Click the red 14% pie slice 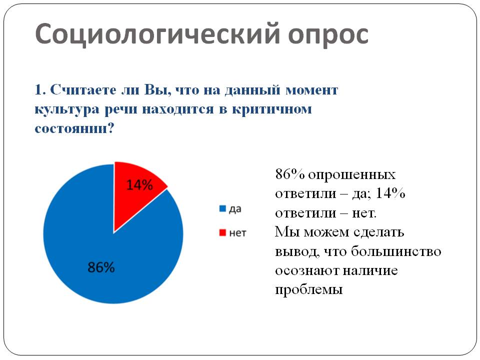[134, 193]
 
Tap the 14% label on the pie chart [139, 185]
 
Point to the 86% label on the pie [101, 267]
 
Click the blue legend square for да [222, 209]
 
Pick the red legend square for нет [222, 233]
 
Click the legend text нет [237, 233]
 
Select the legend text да [235, 209]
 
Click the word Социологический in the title [157, 34]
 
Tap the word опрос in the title [328, 35]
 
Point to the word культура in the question [67, 110]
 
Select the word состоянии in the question [71, 128]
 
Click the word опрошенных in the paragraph [351, 175]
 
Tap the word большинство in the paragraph [396, 251]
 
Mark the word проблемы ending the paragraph [308, 289]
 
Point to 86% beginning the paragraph [290, 174]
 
